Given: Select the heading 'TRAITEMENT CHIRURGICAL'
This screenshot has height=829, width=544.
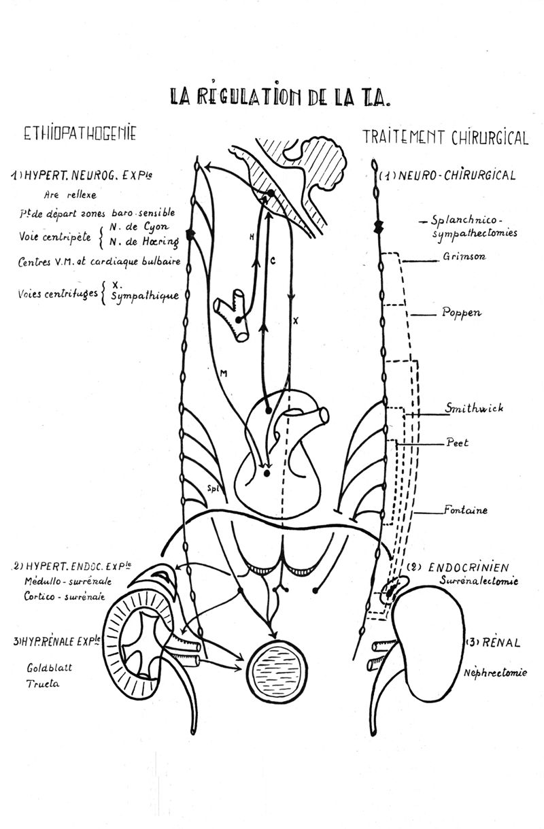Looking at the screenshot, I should [x=445, y=137].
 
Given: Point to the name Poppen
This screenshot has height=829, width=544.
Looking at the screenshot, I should [x=461, y=313].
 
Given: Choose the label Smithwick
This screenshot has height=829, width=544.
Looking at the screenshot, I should [x=469, y=409].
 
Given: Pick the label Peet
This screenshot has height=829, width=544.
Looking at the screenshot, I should [x=458, y=441].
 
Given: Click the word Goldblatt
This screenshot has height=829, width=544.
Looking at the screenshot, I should [x=50, y=667].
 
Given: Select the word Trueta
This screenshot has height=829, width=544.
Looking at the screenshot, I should [x=44, y=684].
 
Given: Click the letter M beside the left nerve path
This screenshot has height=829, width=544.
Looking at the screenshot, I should [x=224, y=373].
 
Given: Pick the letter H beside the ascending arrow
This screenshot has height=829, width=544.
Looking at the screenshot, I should [x=252, y=237].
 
